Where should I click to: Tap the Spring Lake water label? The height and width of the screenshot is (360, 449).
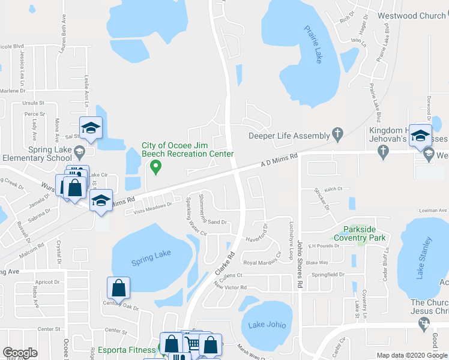click(x=151, y=255)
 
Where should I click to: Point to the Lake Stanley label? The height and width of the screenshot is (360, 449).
click(x=424, y=257)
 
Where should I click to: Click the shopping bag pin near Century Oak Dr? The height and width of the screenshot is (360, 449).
click(x=119, y=288)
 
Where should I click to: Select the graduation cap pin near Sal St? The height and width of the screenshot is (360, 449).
click(x=91, y=128)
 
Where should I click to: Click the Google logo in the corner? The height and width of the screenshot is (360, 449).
click(x=20, y=353)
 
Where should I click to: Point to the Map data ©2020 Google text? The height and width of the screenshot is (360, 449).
click(x=411, y=355)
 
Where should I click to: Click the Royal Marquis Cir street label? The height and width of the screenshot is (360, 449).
click(x=262, y=262)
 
